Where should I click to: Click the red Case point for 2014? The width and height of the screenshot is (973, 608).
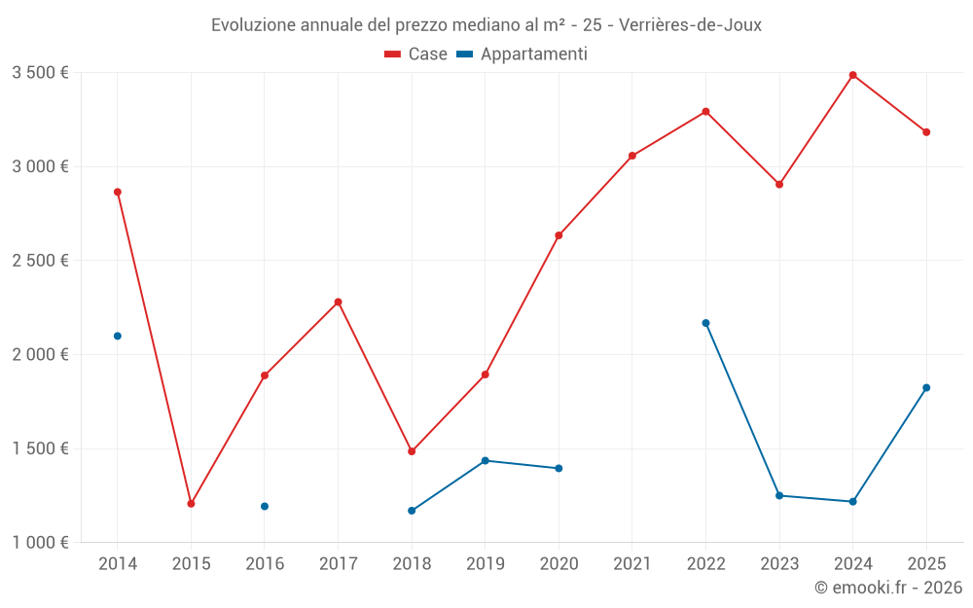(118, 192)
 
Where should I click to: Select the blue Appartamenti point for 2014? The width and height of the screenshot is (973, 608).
(118, 336)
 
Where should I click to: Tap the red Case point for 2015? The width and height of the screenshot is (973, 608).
(191, 504)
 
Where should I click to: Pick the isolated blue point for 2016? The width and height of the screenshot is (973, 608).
(265, 506)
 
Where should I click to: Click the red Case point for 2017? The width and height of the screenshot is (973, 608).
(338, 302)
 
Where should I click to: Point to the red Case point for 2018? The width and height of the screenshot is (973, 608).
(412, 451)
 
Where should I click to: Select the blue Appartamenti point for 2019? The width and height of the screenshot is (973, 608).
(485, 460)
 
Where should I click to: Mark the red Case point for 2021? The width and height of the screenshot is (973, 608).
(632, 156)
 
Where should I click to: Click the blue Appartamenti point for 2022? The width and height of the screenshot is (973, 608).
(705, 323)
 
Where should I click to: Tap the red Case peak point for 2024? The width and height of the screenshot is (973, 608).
(853, 75)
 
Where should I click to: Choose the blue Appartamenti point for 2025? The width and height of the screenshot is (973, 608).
(926, 387)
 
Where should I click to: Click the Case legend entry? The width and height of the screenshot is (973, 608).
(416, 54)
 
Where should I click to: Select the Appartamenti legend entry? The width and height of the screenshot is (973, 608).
(523, 54)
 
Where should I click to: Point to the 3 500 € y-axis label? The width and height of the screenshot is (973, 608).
(40, 73)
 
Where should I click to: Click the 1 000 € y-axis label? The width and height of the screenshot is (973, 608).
(40, 543)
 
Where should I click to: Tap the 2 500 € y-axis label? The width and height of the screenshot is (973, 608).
(40, 261)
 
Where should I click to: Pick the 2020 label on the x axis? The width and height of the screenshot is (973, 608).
(559, 563)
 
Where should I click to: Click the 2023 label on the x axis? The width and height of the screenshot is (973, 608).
(779, 563)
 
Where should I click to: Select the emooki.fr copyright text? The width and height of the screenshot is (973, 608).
(888, 588)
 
